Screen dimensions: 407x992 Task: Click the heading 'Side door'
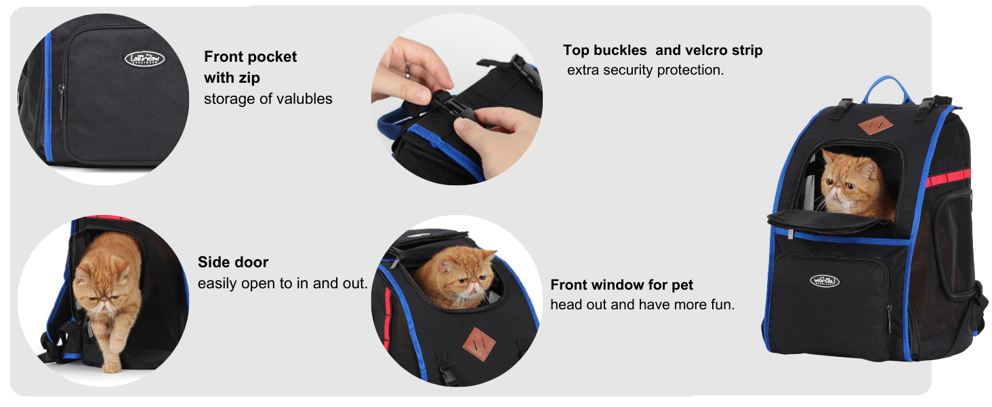233,263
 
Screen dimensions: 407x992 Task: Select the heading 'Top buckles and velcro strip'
663,50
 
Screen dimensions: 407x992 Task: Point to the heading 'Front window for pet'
621,285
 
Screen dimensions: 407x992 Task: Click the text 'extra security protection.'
646,70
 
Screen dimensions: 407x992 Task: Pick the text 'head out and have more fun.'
642,305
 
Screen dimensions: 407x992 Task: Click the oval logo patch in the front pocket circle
144,59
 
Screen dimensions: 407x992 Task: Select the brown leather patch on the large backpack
871,125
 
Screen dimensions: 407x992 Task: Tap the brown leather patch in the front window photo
479,344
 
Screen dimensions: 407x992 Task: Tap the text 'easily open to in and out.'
283,284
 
